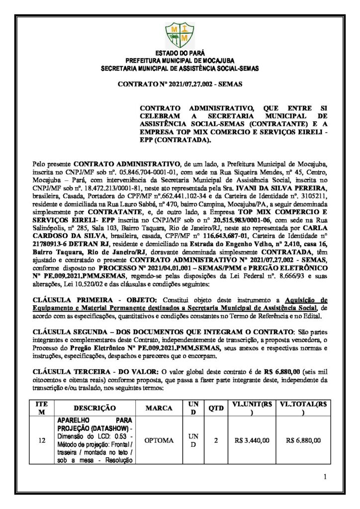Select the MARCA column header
click(159, 408)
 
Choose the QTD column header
click(216, 408)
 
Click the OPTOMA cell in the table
click(159, 440)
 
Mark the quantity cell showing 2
click(216, 440)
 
